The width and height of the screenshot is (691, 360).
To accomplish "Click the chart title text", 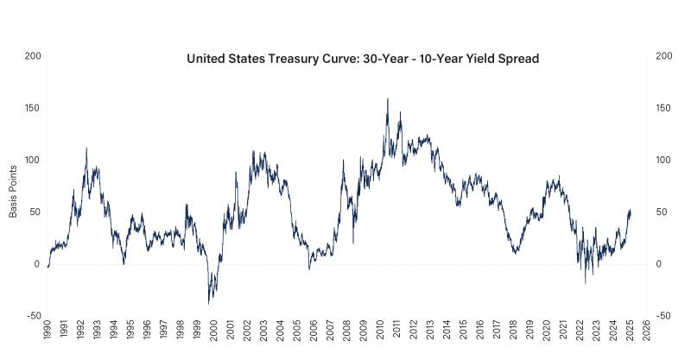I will pos(363,60).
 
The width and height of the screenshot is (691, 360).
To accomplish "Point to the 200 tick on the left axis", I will pos(33,56).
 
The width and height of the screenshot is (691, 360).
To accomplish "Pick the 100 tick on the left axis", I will pos(33,161).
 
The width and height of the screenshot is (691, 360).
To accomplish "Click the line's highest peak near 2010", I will pos(387,98).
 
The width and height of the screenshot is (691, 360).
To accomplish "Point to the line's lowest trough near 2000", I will pos(208,304).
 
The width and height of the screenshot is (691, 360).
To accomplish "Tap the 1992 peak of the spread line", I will pos(86,148).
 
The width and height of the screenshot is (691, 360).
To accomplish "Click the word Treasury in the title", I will pos(280,60).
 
